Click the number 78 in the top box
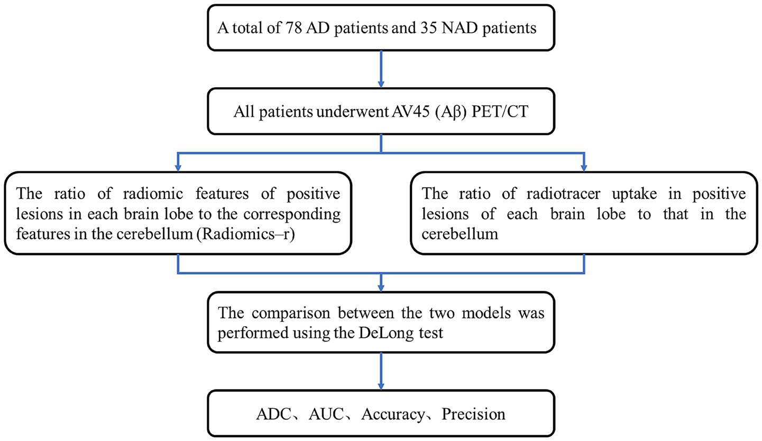[293, 28]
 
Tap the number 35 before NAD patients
[429, 28]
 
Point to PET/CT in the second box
[500, 112]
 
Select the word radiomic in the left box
[153, 194]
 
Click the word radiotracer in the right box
[563, 194]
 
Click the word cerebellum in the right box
[460, 234]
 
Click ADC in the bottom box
[273, 414]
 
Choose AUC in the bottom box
[326, 414]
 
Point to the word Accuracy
[393, 415]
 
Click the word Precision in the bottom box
[473, 414]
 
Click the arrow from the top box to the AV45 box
[381, 69]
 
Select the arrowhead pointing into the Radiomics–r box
[178, 168]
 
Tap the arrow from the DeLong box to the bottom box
[381, 371]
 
